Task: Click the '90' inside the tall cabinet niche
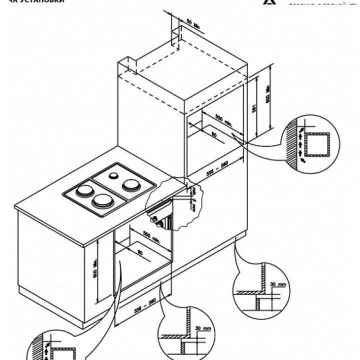point(214,134)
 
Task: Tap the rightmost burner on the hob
point(131,184)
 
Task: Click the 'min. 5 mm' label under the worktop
point(192,199)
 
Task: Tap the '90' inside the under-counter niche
point(139,252)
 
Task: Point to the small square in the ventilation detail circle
point(317,144)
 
